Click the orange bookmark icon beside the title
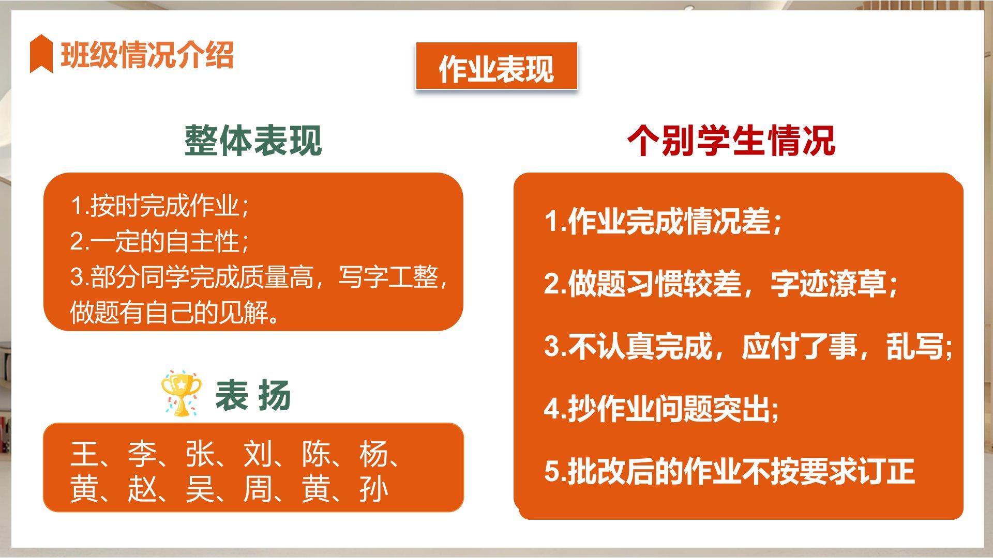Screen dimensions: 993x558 [x=41, y=53]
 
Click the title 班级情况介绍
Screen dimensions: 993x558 [x=147, y=54]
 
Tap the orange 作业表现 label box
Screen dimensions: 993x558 [x=496, y=67]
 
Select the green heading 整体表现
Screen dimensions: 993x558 [x=253, y=141]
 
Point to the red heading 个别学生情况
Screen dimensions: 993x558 [x=731, y=141]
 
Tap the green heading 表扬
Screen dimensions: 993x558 [x=253, y=396]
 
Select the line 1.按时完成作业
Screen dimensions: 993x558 [x=160, y=206]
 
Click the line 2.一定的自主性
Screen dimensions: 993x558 [x=160, y=241]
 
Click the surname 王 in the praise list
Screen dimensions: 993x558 [x=84, y=455]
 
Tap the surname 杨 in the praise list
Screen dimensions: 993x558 [x=373, y=455]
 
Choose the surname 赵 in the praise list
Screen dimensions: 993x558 [x=142, y=489]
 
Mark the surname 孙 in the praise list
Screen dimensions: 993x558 [x=373, y=489]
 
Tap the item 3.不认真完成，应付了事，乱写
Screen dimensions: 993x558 [x=748, y=346]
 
